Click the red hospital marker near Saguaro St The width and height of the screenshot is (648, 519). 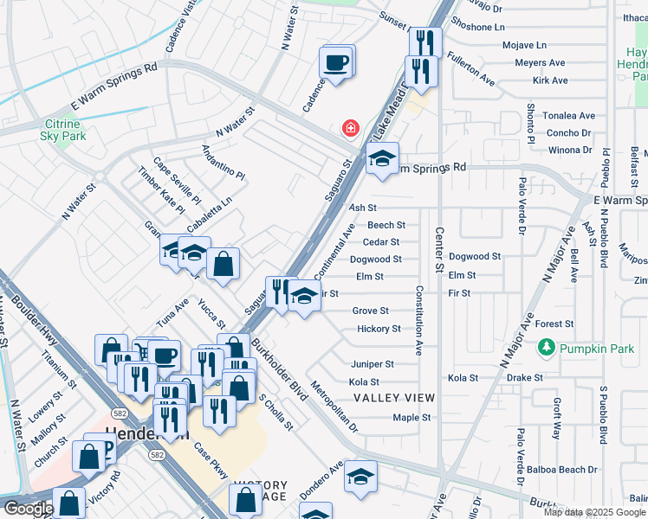click(350, 129)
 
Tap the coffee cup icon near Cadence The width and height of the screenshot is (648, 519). click(335, 63)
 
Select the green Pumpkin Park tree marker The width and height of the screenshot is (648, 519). click(546, 348)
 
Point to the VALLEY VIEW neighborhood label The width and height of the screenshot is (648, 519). click(394, 398)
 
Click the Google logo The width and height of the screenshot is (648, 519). click(28, 509)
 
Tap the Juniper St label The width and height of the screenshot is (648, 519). click(373, 364)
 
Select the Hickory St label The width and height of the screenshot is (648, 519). click(379, 329)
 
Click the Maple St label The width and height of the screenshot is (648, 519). click(411, 417)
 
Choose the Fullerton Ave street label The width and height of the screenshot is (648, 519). click(470, 69)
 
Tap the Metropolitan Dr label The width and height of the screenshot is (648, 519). click(334, 407)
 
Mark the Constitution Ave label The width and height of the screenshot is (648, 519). click(418, 321)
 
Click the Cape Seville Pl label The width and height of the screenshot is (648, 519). click(177, 181)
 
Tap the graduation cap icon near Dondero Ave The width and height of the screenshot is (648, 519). click(360, 476)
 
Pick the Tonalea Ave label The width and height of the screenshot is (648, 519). click(569, 116)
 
